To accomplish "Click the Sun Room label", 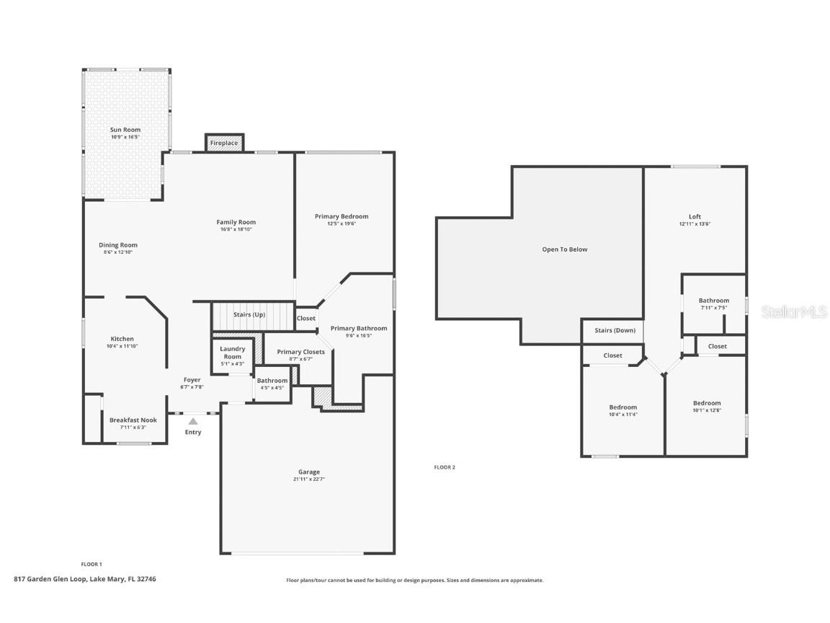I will (x=125, y=130).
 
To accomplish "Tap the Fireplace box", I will (x=224, y=143).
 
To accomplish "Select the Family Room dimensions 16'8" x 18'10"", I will (x=236, y=229).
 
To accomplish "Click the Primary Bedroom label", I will (x=342, y=216).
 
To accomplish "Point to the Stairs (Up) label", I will (x=249, y=315).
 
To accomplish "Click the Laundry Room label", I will (x=232, y=353).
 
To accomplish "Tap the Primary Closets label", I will (x=300, y=352).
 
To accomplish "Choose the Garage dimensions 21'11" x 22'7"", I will (x=309, y=479).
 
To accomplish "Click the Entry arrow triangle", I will (x=193, y=421).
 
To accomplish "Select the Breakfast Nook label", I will (x=133, y=420).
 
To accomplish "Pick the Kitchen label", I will (x=122, y=339).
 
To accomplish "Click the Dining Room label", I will (x=118, y=245).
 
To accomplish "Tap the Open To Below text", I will (x=565, y=249).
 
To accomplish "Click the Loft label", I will (x=695, y=216).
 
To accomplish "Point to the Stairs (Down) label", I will (x=615, y=330).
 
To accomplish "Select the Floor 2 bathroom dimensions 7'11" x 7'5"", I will (x=713, y=308).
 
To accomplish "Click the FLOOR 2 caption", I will (x=445, y=467).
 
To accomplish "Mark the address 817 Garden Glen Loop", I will (x=85, y=578).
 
